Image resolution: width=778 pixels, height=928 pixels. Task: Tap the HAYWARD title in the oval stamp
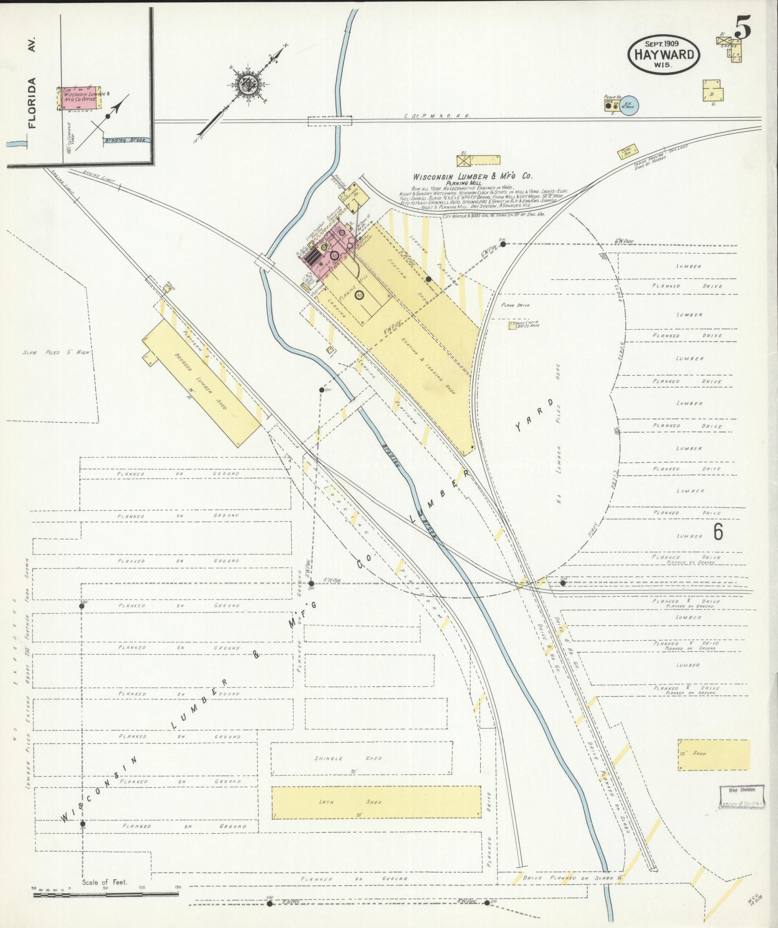point(664,54)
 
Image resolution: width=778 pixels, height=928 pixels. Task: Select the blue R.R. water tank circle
point(628,105)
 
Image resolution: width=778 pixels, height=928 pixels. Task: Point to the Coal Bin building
point(627,153)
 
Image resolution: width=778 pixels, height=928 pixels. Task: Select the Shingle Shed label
point(348,758)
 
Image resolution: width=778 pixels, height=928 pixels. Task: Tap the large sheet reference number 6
point(718,531)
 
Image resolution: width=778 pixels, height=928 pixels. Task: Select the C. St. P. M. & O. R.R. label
point(437,116)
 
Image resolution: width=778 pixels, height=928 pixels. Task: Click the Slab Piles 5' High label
point(56,352)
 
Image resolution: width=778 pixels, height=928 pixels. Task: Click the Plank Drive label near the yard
point(515,305)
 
